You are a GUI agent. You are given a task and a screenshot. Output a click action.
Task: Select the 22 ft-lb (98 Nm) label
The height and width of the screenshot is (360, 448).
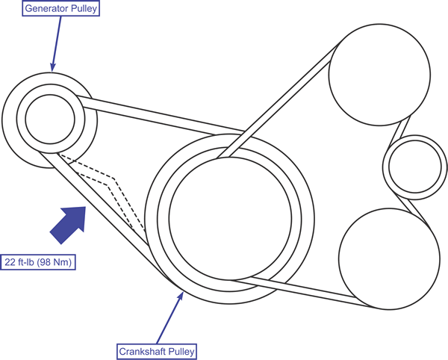point(40,263)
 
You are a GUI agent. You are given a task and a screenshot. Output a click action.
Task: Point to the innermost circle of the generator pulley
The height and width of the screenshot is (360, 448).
point(50,117)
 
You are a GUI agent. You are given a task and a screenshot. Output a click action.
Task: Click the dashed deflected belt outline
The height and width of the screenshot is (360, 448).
point(112,183)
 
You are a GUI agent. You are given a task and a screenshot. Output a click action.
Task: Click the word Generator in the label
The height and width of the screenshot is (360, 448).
point(37,10)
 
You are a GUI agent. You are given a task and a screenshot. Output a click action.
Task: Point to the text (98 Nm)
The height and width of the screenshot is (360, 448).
point(58,263)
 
